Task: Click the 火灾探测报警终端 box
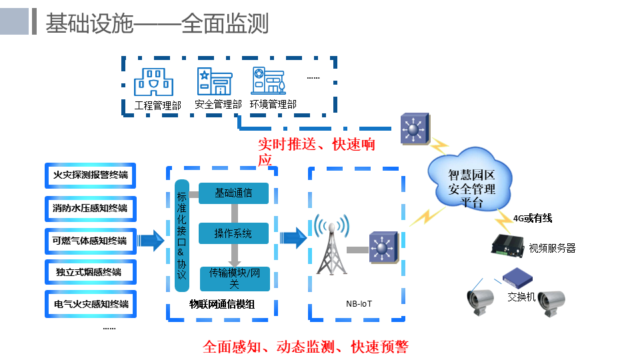91,175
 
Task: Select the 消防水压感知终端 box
91,208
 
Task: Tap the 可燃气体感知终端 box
91,241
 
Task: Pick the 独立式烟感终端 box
91,272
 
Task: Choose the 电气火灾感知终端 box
91,304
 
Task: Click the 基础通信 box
233,193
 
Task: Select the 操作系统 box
233,233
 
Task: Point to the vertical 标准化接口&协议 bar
182,235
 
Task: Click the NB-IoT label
359,304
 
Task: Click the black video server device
508,247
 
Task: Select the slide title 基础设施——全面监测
157,23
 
